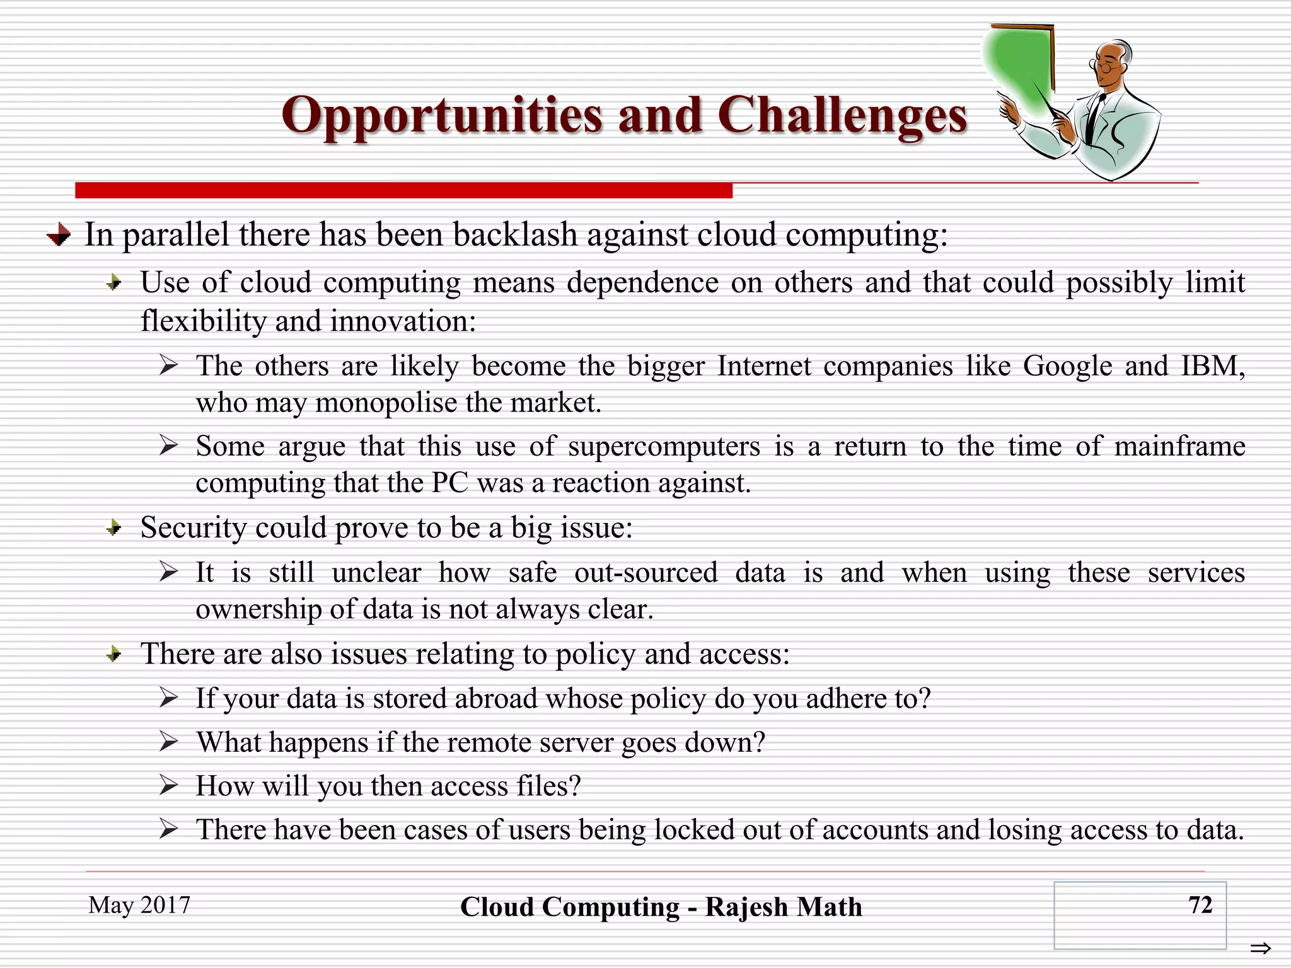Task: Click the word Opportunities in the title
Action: pos(441,117)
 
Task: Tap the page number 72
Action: pos(1200,905)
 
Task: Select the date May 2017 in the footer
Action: pos(139,905)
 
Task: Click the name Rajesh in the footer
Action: pos(746,907)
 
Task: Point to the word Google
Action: pos(1067,367)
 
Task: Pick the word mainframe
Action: pos(1179,447)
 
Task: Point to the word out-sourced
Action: pos(645,573)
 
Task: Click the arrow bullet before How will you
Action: pos(168,786)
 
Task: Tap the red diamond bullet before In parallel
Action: pos(59,235)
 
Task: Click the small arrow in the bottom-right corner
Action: pos(1260,948)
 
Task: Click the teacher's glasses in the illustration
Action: pos(1103,65)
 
